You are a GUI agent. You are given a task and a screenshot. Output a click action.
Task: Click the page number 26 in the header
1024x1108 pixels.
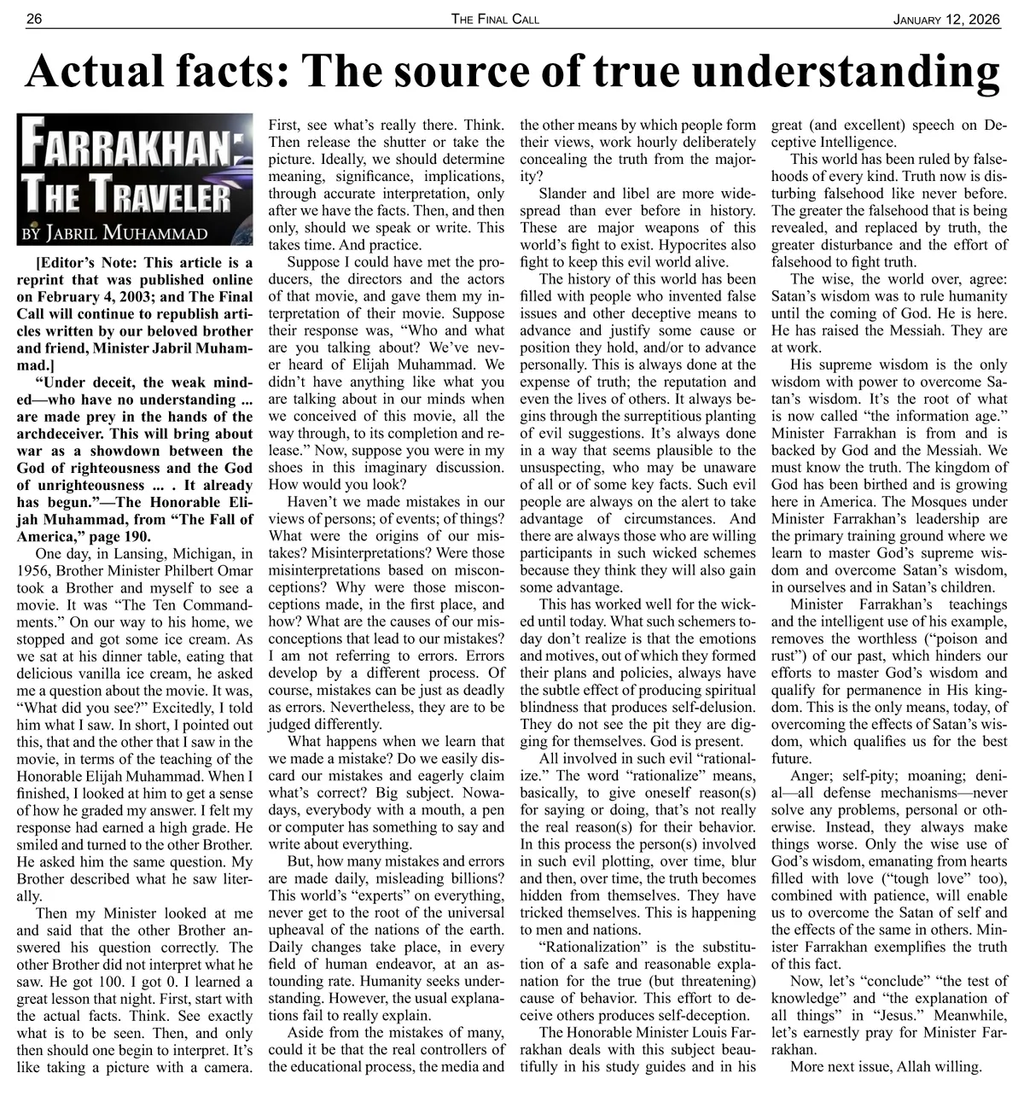pos(34,19)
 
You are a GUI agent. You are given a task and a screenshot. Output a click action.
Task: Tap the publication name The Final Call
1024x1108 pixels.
pos(496,19)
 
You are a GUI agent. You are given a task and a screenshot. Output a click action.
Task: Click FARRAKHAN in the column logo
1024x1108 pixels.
pos(123,149)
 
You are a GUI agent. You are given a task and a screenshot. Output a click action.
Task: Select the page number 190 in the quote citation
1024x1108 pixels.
pos(137,536)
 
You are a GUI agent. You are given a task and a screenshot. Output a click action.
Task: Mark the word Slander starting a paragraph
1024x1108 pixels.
pos(564,193)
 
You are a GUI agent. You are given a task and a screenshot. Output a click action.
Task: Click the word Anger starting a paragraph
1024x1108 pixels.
pos(810,776)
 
